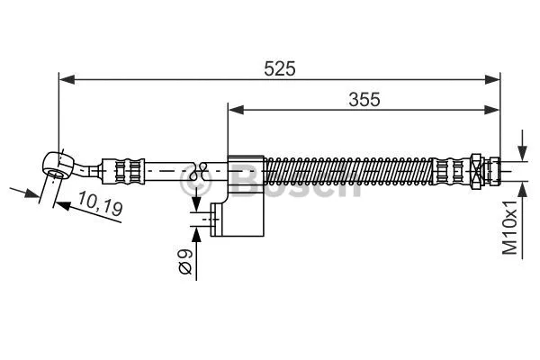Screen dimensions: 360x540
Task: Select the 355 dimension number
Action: (363, 100)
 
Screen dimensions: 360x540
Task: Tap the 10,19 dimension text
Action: (99, 206)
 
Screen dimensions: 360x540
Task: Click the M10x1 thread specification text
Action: (511, 228)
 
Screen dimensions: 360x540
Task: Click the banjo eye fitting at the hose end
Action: (58, 164)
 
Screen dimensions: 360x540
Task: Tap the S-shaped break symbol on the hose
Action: (202, 167)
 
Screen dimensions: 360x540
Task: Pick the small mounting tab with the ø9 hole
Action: (216, 219)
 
